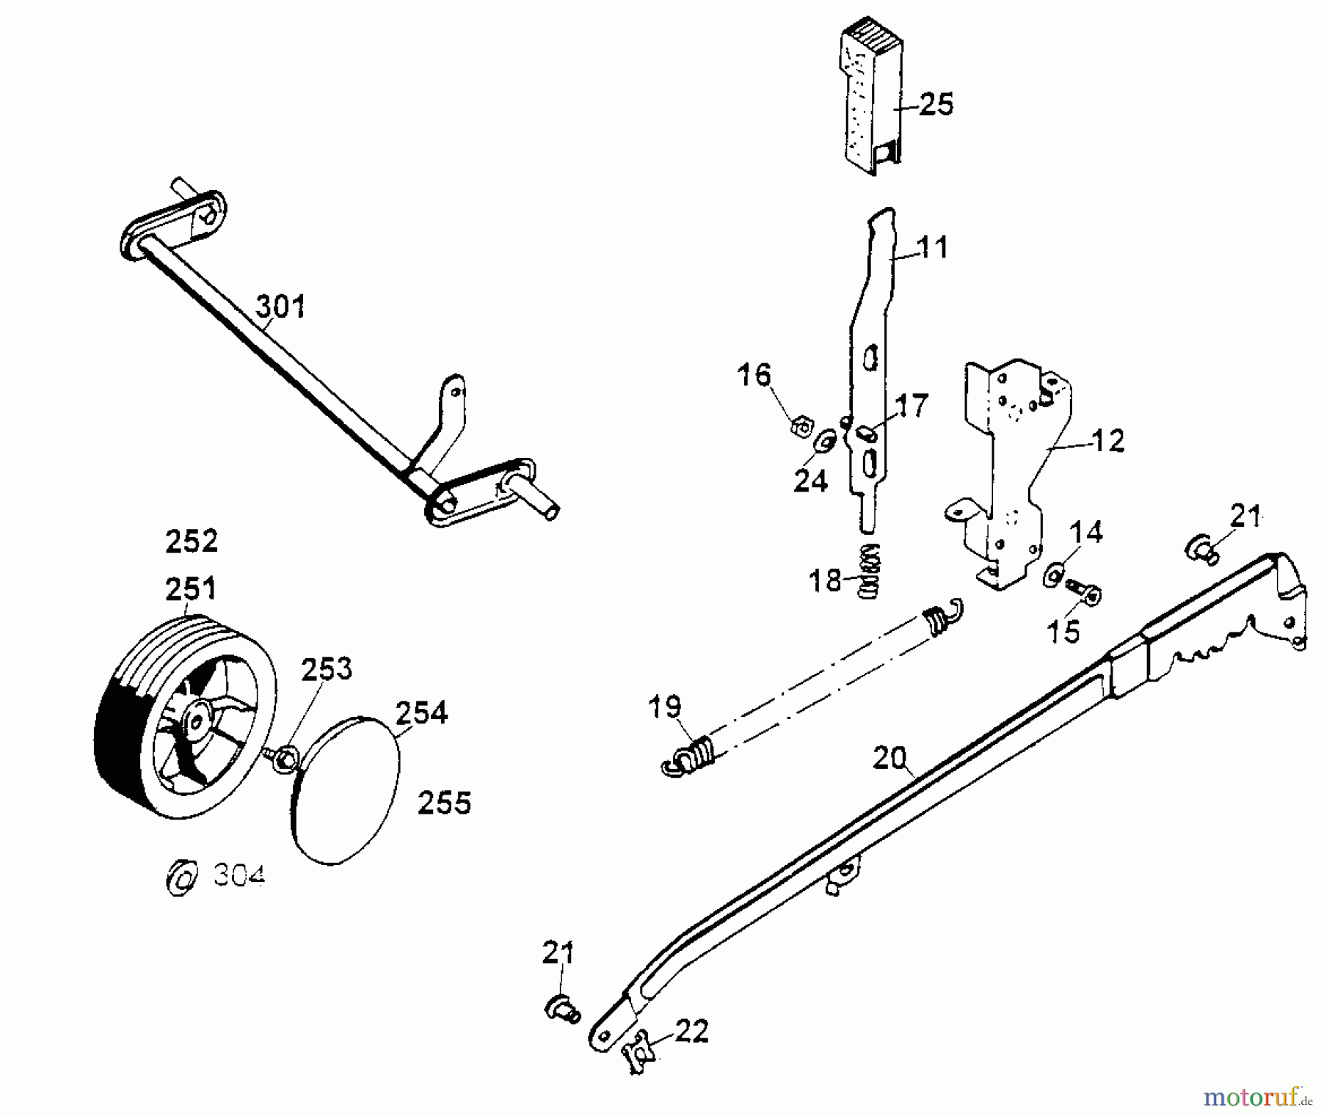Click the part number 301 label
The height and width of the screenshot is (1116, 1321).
tap(280, 306)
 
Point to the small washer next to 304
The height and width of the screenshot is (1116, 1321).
tap(181, 875)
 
